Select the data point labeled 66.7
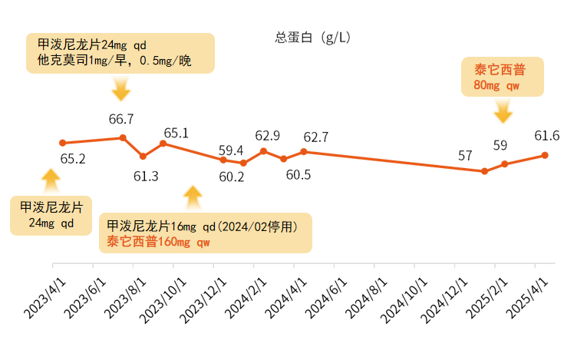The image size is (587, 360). point(123,137)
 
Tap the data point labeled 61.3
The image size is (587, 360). point(143,156)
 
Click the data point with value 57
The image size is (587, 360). point(484,171)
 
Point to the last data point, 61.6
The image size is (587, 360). point(545,155)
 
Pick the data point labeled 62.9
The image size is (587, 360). point(263,150)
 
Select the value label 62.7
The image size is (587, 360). point(316,137)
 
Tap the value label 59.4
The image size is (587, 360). point(231,150)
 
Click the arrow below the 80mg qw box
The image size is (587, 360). point(503,113)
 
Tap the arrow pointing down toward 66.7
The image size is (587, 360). point(121,91)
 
